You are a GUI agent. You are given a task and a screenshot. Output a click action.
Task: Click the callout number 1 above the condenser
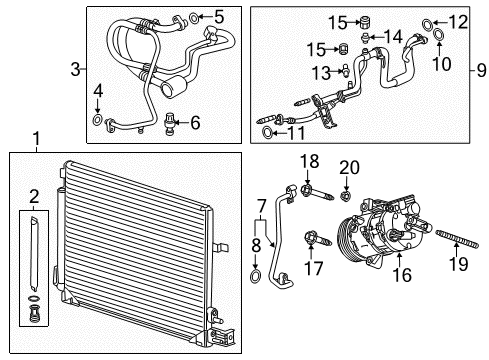[x=36, y=138]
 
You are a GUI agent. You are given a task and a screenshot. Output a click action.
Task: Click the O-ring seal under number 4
[x=96, y=122]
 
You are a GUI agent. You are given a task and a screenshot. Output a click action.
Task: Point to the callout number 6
[x=195, y=121]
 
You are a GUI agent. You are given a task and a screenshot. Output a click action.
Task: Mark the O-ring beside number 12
[x=428, y=20]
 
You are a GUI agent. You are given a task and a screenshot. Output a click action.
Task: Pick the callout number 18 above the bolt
[x=310, y=161]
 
